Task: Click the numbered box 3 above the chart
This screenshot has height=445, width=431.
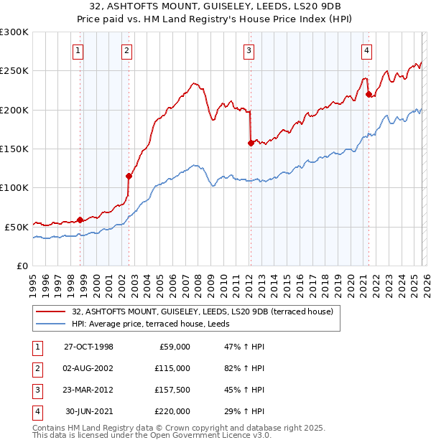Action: coord(248,50)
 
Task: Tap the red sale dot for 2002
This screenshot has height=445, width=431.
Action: coord(129,176)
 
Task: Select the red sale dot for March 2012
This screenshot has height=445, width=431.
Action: coord(251,143)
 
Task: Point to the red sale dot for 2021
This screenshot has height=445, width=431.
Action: coord(369,94)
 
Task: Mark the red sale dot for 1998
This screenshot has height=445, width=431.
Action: coord(80,220)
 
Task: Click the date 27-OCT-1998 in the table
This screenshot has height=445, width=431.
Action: coord(88,347)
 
